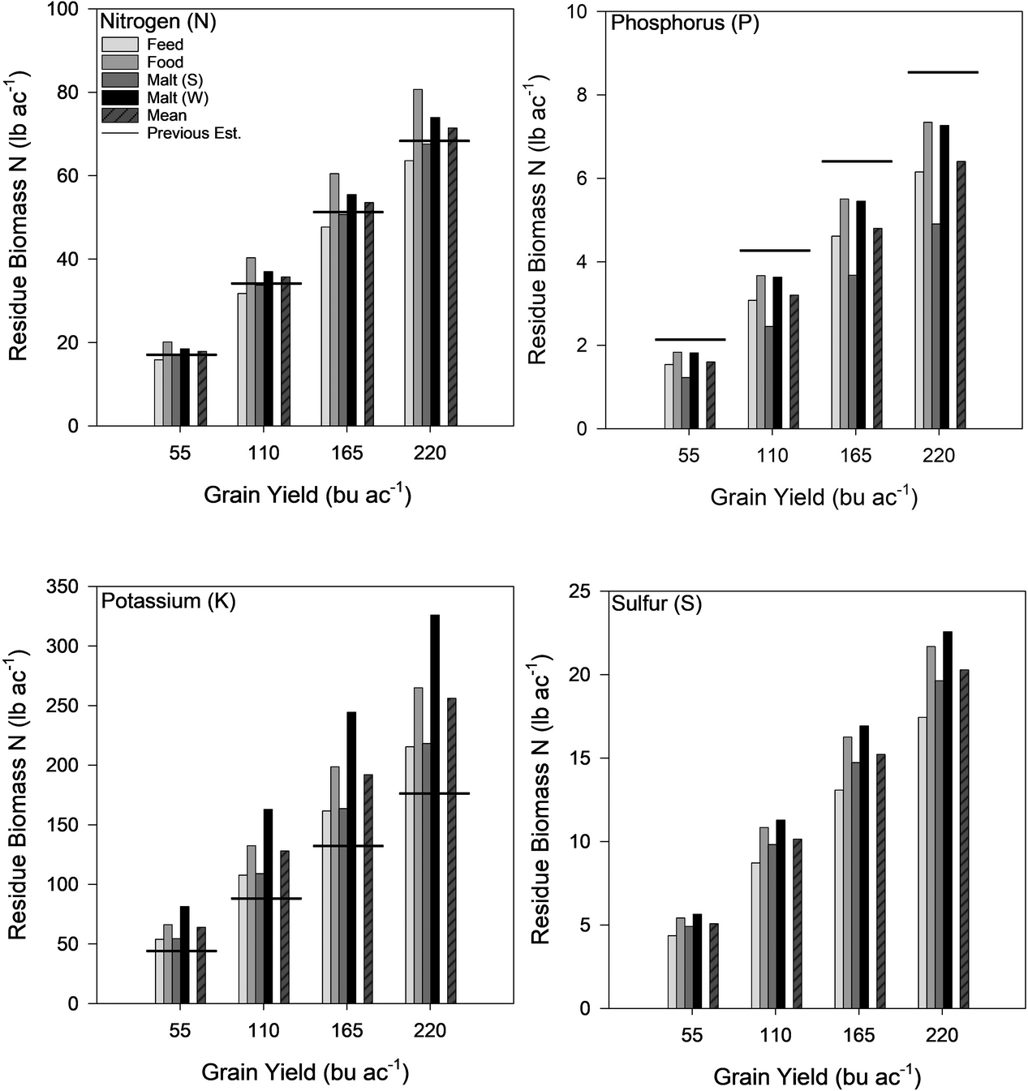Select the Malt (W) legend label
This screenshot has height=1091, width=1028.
pos(175,98)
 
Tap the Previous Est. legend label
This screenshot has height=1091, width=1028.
pos(194,134)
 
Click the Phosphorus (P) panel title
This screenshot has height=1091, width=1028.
pos(685,24)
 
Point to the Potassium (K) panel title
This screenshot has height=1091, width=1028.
pos(168,601)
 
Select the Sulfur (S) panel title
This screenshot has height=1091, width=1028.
pos(656,603)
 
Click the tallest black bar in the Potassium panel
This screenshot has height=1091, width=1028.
pos(435,808)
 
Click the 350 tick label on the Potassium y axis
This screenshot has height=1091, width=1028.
pos(63,586)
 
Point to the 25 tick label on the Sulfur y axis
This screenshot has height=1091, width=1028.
pos(579,591)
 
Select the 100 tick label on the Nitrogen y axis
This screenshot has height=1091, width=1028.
pos(63,10)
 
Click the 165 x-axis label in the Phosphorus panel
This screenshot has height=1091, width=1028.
pos(855,456)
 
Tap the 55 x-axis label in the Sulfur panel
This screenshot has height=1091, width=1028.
pos(692,1036)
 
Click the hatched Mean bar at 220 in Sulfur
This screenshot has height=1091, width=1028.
pos(964,839)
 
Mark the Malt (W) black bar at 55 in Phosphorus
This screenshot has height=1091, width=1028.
pos(695,390)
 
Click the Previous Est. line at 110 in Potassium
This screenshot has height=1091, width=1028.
pos(267,899)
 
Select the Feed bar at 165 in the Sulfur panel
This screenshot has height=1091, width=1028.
pos(839,899)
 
